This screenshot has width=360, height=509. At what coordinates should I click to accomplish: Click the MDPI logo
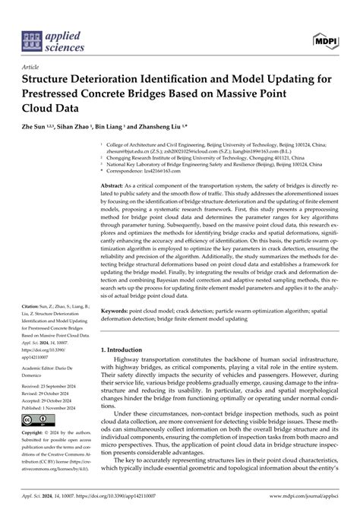pos(322,40)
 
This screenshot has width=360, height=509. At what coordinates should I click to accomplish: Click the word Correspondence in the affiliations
pos(134,171)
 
